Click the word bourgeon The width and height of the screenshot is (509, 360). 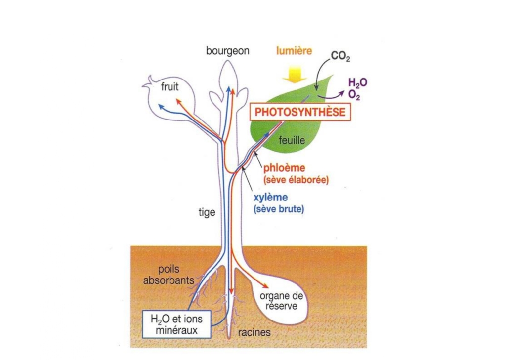[228, 51]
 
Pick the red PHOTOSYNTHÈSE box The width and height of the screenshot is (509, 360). [300, 112]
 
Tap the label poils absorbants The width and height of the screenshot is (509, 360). [164, 275]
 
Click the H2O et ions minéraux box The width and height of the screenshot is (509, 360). [176, 324]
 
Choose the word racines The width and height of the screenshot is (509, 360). [254, 332]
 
